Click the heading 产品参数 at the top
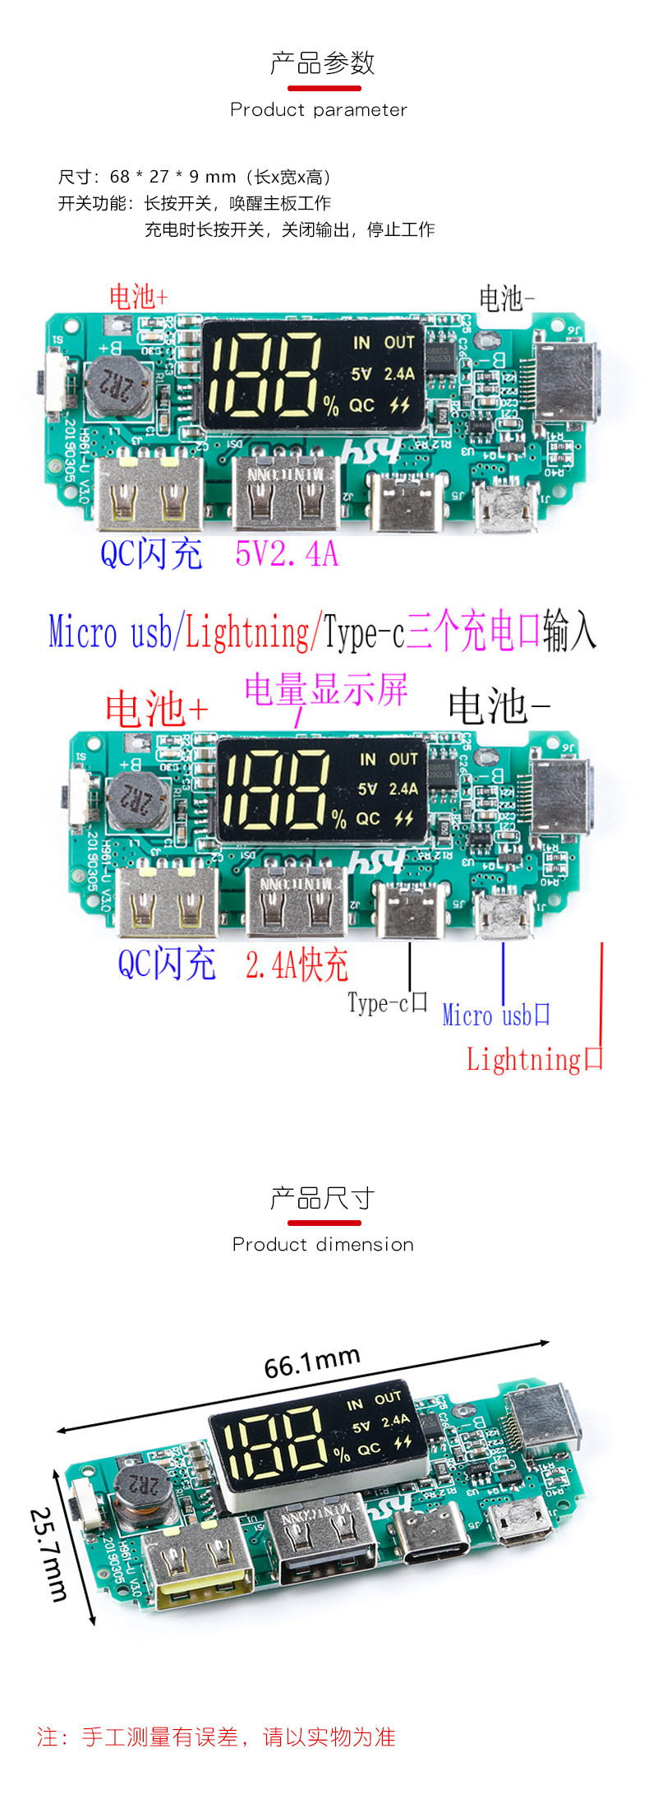tap(322, 63)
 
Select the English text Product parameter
tap(319, 110)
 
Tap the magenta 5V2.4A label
tap(287, 554)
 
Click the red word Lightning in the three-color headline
tap(247, 632)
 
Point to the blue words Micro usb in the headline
tap(111, 632)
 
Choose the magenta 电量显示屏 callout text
tap(326, 689)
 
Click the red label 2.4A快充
tap(297, 964)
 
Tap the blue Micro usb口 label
tap(495, 1015)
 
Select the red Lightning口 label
tap(534, 1059)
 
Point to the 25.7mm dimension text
tap(48, 1554)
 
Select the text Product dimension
tap(323, 1245)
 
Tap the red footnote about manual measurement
tap(216, 1737)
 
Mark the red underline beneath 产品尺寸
tap(324, 1223)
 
